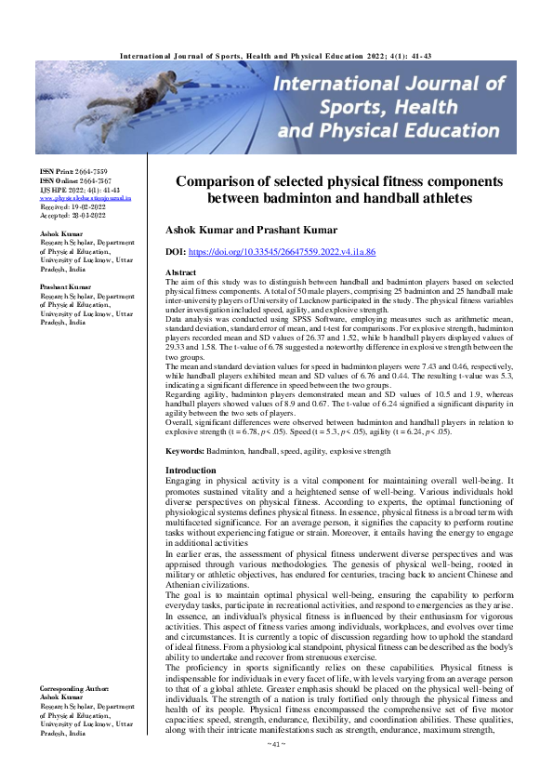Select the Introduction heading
tap(190, 497)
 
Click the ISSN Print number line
tap(73, 173)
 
